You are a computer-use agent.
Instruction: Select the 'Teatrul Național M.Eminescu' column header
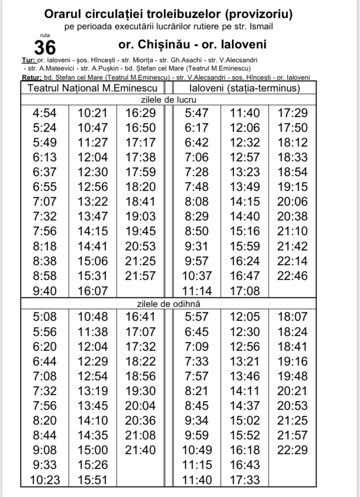(93, 88)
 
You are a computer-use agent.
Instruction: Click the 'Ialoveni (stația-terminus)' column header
(245, 88)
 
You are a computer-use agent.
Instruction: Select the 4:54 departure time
(45, 113)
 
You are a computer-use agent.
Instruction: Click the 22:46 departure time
(292, 276)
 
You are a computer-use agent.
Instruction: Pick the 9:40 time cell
(45, 291)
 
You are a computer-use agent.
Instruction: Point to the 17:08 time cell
(245, 291)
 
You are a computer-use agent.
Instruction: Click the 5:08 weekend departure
(45, 317)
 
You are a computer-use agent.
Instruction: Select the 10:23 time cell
(45, 480)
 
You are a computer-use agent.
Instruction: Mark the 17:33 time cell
(245, 480)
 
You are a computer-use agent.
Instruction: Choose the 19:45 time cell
(140, 232)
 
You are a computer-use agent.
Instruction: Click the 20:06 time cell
(292, 202)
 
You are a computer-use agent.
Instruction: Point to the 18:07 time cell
(292, 317)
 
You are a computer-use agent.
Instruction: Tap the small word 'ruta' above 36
(44, 35)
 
